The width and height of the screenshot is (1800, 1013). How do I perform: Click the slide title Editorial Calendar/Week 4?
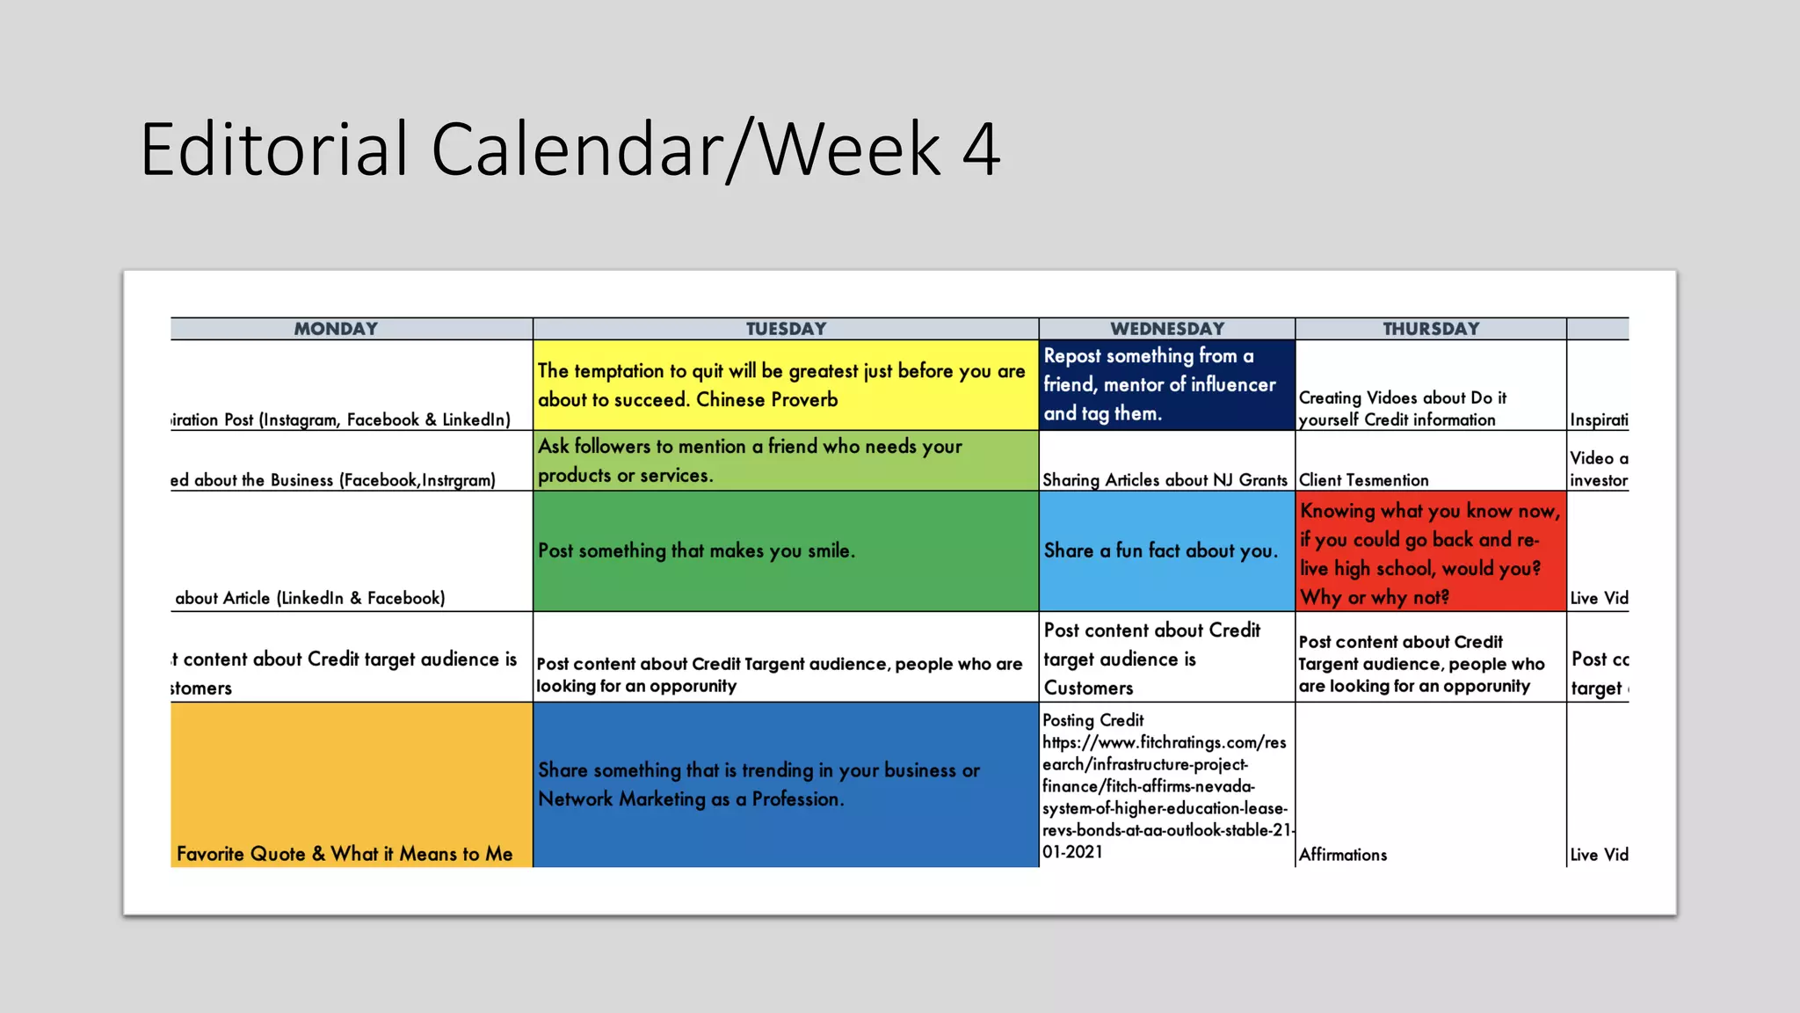[x=570, y=149]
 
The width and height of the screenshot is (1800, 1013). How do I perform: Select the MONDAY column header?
[x=336, y=329]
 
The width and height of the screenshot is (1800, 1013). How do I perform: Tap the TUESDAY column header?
[x=786, y=329]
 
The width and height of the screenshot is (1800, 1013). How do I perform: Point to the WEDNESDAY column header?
[x=1167, y=329]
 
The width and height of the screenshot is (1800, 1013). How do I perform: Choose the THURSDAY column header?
[x=1431, y=329]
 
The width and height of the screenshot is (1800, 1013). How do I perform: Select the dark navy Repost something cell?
[x=1165, y=385]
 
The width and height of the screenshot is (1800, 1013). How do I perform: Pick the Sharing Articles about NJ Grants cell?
[x=1165, y=480]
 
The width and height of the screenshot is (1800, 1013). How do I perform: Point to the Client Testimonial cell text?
[x=1364, y=480]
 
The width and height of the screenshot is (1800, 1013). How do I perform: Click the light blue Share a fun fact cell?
[x=1165, y=551]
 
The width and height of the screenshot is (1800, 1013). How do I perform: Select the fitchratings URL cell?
[x=1165, y=785]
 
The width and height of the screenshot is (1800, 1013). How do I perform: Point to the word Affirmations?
[x=1343, y=855]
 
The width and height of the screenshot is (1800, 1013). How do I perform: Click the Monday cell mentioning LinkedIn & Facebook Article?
[x=310, y=598]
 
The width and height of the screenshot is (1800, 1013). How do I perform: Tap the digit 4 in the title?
[x=981, y=149]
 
